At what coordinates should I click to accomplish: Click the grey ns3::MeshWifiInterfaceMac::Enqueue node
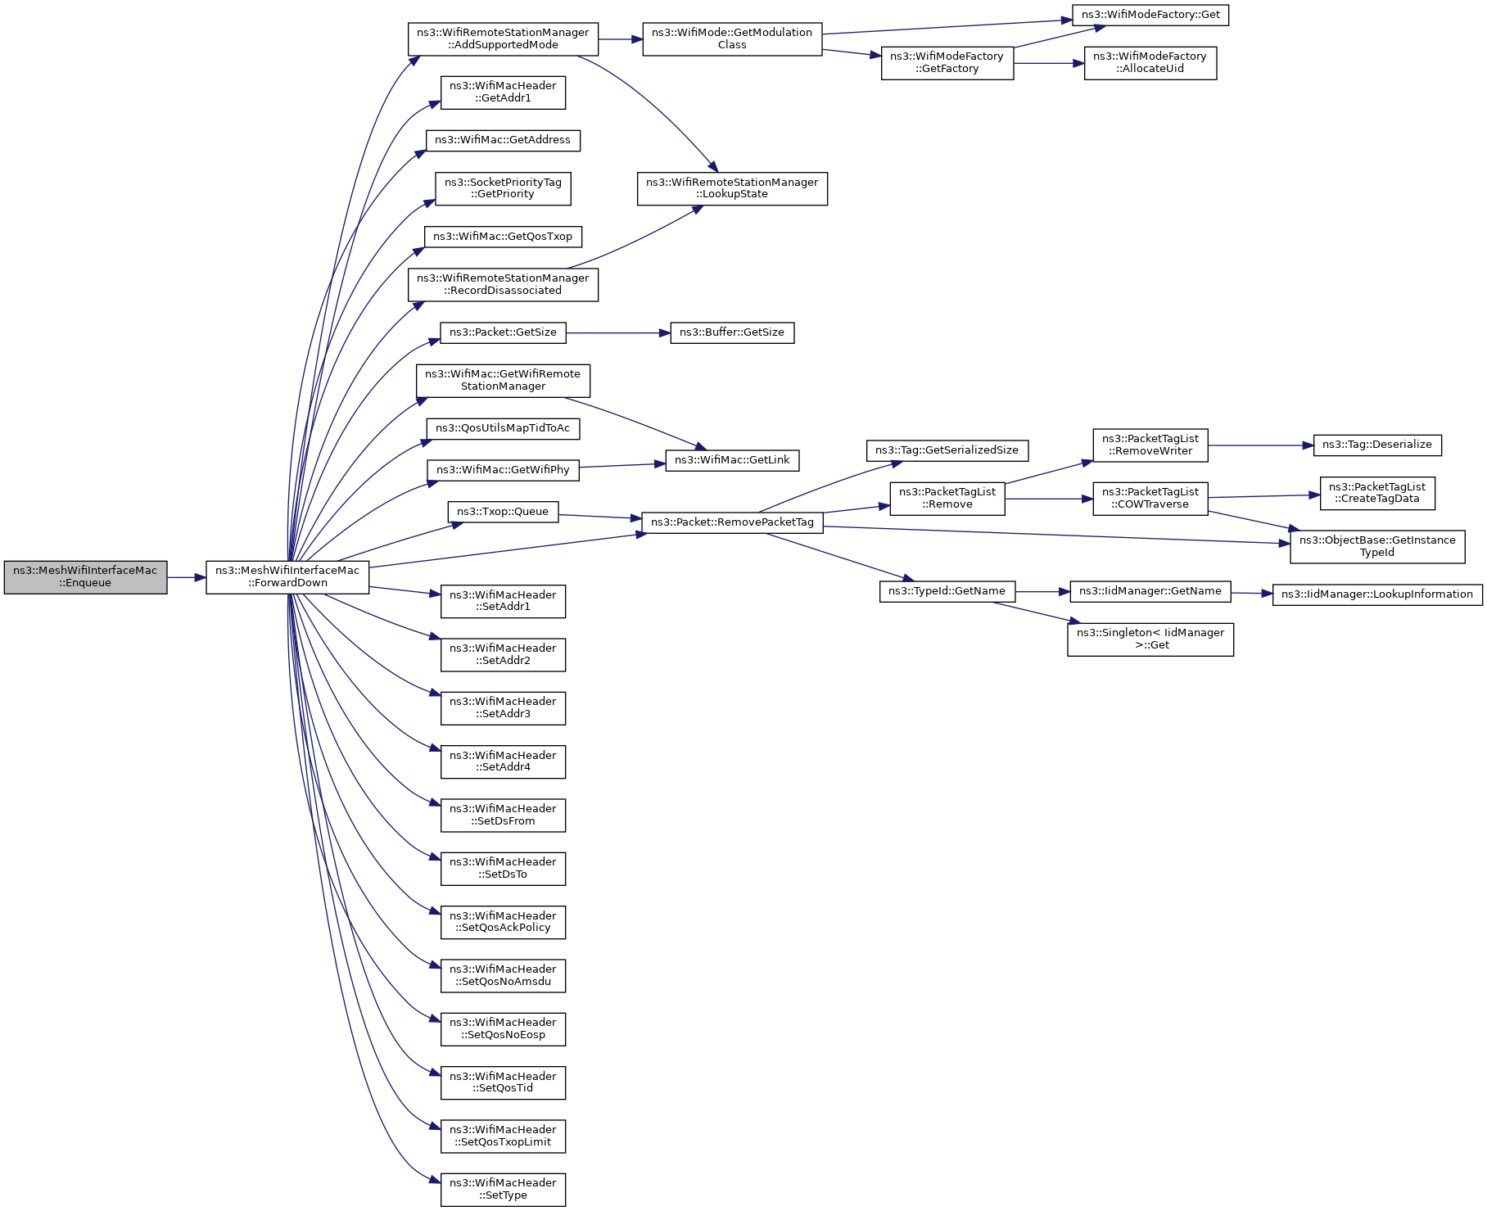tap(85, 577)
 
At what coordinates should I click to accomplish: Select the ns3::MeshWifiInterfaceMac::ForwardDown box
tap(287, 577)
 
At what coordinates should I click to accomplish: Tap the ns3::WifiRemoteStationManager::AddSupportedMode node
tap(503, 39)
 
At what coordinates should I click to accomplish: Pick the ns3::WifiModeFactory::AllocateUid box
tap(1150, 63)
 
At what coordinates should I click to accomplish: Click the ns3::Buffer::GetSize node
tap(732, 333)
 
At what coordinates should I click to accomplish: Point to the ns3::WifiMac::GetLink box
tap(732, 461)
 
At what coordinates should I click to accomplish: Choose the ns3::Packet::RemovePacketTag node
tap(732, 522)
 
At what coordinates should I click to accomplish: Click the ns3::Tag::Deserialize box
tap(1377, 445)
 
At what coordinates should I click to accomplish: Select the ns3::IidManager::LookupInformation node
tap(1377, 595)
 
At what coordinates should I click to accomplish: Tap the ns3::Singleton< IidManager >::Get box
tap(1150, 639)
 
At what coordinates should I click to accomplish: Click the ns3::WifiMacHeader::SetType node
tap(503, 1190)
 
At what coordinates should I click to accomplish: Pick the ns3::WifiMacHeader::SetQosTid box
tap(503, 1083)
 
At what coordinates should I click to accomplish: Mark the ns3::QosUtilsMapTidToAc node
tap(503, 429)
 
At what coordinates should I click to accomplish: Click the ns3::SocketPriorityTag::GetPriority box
tap(503, 189)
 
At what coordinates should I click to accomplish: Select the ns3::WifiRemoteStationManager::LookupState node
tap(732, 189)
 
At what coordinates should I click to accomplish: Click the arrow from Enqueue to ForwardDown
tap(187, 578)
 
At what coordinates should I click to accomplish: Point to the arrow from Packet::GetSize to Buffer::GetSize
tap(618, 333)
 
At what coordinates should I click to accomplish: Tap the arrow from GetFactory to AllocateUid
tap(1049, 63)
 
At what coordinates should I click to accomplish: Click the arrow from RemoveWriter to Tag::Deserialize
tap(1261, 445)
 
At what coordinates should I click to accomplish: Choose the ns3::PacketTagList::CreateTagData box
tap(1377, 493)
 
